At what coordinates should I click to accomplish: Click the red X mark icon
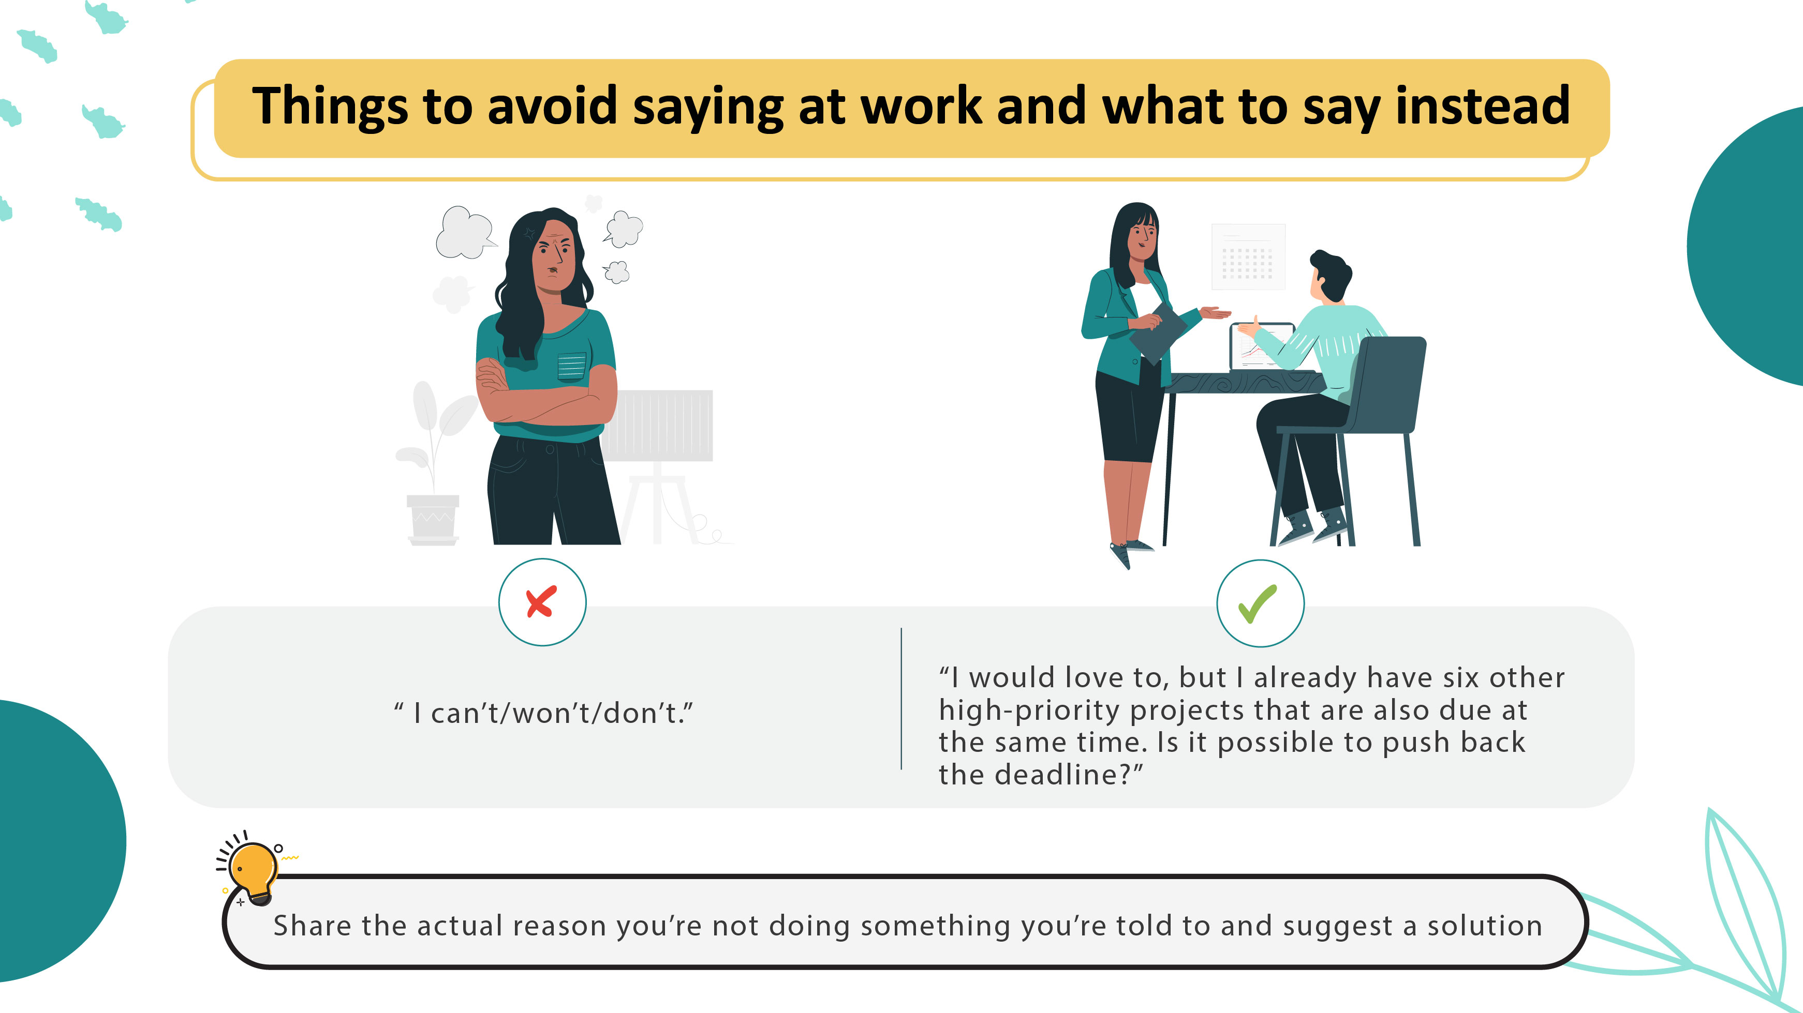coord(542,601)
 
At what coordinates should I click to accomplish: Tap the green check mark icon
coord(1259,603)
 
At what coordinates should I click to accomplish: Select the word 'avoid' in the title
coord(552,107)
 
